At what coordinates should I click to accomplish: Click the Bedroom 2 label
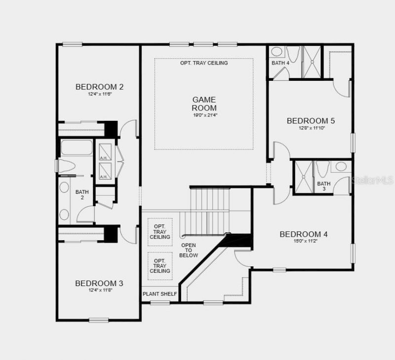(99, 87)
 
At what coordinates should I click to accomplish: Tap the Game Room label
(204, 104)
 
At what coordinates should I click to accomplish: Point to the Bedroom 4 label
(304, 234)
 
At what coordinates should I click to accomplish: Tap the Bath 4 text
(280, 63)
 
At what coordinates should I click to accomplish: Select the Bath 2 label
(79, 195)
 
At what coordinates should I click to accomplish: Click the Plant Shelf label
(159, 294)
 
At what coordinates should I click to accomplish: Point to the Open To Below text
(189, 250)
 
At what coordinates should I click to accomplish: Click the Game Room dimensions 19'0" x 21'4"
(204, 115)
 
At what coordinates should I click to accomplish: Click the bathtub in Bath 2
(76, 148)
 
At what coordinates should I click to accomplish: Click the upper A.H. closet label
(104, 158)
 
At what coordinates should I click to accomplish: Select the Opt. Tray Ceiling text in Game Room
(204, 63)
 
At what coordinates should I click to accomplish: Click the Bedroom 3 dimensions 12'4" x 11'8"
(99, 290)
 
